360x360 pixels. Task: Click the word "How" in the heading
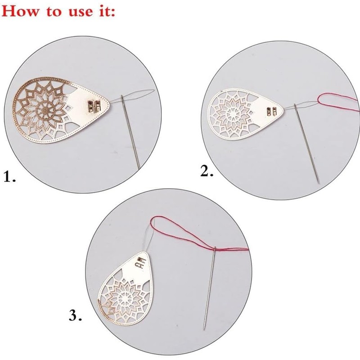click(x=21, y=11)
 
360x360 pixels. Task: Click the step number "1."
click(x=10, y=177)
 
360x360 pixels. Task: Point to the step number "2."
click(x=207, y=171)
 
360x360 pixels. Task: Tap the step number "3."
click(x=75, y=316)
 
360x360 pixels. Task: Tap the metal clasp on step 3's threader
click(x=140, y=263)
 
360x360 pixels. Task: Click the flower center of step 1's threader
click(x=45, y=108)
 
